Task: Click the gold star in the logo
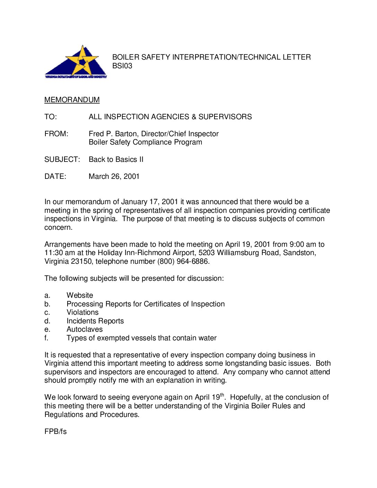tap(82, 61)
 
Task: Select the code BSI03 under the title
tap(122, 66)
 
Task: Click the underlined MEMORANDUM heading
tap(72, 100)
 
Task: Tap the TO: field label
tap(51, 117)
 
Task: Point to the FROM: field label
tap(56, 134)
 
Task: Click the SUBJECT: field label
tap(62, 159)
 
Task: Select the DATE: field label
tap(55, 176)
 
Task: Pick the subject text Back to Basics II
tap(116, 159)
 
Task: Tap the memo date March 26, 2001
tap(114, 176)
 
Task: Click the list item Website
tap(80, 295)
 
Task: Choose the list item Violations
tap(82, 312)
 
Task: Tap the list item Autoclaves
tap(85, 329)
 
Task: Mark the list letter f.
tap(46, 338)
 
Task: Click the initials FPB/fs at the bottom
tap(55, 432)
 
